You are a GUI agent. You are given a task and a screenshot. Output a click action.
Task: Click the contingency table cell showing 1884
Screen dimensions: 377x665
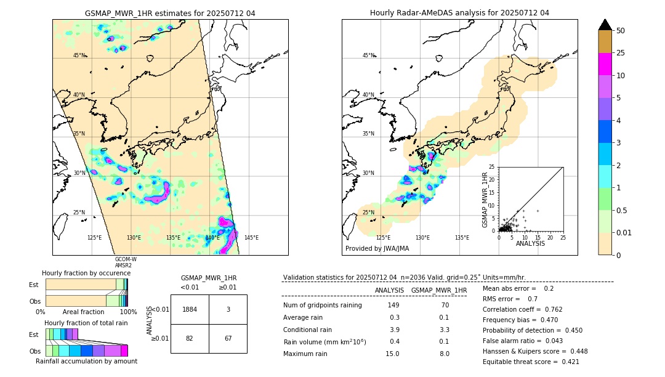[x=190, y=309]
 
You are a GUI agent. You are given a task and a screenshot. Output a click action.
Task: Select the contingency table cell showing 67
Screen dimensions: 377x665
[x=228, y=339]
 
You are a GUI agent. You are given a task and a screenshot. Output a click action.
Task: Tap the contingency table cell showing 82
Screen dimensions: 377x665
[x=190, y=339]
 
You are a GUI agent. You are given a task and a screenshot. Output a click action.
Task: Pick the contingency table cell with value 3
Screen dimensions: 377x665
[x=228, y=309]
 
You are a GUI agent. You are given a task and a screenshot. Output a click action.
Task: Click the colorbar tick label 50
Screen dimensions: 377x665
[x=621, y=31]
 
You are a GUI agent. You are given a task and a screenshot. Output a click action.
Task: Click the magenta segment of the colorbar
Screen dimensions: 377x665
[x=605, y=64]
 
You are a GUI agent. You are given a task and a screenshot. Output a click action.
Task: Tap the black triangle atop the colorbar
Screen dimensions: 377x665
[x=605, y=25]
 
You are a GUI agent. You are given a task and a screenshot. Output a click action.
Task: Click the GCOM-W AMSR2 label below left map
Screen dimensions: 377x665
[x=126, y=262]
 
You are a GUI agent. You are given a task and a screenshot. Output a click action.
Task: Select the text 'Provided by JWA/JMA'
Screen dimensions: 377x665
[x=377, y=249]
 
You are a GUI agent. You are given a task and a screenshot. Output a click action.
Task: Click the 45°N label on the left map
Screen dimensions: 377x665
[x=79, y=55]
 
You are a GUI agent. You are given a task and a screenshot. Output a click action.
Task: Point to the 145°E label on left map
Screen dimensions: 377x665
[x=251, y=238]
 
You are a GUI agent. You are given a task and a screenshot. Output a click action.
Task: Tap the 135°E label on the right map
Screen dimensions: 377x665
[x=462, y=238]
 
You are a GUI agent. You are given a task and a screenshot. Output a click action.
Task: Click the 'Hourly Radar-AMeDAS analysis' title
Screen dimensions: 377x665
[x=459, y=13]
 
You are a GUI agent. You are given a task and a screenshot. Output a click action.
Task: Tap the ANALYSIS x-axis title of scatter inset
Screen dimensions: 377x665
[x=530, y=243]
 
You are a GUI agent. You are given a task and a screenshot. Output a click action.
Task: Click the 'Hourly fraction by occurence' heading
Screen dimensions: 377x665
[x=86, y=273]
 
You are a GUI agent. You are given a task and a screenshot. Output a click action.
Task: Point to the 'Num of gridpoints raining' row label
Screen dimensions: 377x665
[x=322, y=306]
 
